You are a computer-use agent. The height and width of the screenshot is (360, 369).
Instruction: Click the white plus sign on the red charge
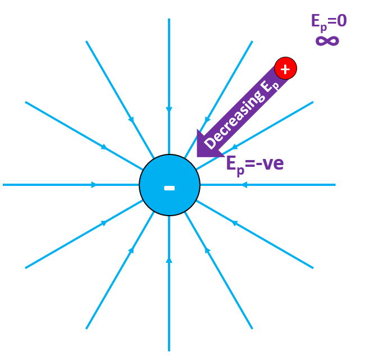point(285,69)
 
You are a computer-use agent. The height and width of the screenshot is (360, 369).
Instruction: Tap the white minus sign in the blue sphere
point(169,188)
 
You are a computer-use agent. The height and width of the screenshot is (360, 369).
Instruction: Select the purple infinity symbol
point(327,40)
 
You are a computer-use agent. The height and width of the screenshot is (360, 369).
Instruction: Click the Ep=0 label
point(329,22)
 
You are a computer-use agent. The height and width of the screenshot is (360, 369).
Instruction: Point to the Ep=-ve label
point(254,163)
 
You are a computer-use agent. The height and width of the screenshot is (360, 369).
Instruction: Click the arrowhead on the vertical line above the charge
point(169,110)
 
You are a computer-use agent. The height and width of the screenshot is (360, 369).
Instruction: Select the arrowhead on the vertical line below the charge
point(169,260)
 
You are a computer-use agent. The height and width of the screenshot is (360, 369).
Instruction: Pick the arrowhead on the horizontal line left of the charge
point(94,184)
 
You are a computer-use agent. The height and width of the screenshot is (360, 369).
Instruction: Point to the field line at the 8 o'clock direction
point(67,244)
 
